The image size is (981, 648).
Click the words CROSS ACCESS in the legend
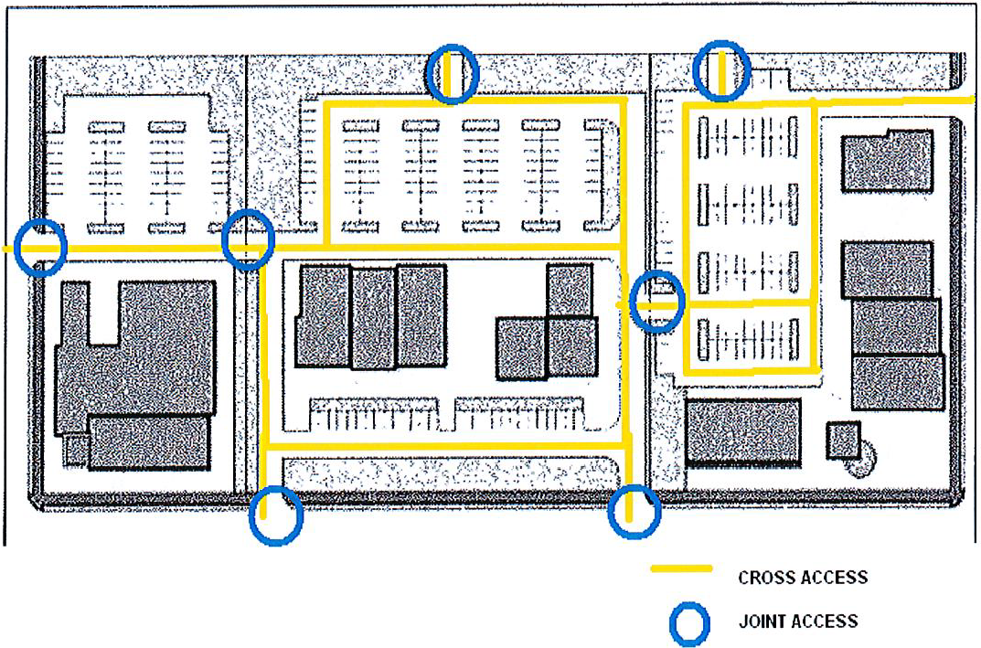pos(803,577)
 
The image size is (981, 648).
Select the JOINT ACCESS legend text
pos(798,621)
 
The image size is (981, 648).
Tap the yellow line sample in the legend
pos(681,568)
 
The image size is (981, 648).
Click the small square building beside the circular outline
pos(843,441)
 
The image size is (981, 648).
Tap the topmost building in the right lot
pos(887,161)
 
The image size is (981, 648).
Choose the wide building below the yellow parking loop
pos(742,431)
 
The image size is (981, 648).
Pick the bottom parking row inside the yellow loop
pos(748,340)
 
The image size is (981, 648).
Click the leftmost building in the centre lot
pos(324,316)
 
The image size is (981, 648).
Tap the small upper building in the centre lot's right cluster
pos(570,290)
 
